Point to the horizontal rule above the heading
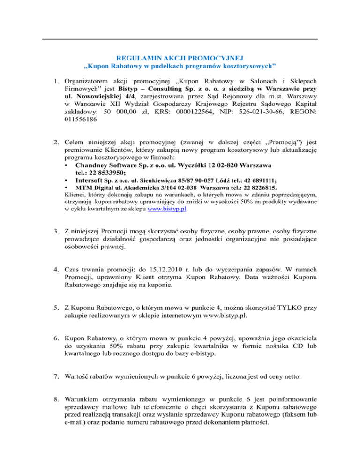pos(180,39)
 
